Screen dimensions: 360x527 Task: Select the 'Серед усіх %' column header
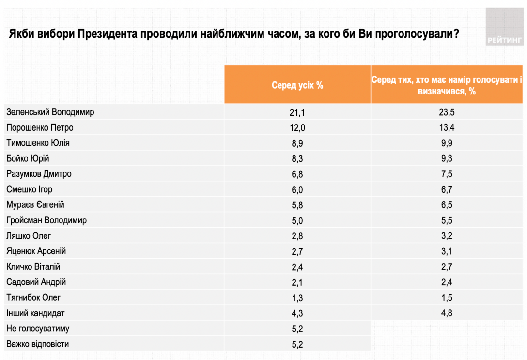[297, 85]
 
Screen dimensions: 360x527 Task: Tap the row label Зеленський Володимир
[50, 112]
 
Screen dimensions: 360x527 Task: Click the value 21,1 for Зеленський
[297, 112]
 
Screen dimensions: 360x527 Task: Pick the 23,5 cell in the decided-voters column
[447, 112]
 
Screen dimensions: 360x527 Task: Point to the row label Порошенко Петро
[40, 127]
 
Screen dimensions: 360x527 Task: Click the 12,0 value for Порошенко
[297, 128]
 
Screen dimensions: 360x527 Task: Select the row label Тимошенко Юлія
[38, 143]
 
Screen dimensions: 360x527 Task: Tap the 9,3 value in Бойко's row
[447, 158]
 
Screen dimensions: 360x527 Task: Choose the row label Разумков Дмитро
[39, 174]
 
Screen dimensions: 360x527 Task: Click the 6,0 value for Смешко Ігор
[297, 189]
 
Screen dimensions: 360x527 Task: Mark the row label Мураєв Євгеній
[35, 205]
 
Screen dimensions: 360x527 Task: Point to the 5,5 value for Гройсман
[447, 220]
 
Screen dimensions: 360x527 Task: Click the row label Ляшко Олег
[29, 236]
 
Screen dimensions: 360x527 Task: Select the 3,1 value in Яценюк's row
[447, 251]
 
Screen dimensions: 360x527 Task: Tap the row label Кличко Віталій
[33, 267]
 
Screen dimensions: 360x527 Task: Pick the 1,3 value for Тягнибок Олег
[297, 298]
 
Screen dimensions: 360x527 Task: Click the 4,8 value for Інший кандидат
[447, 313]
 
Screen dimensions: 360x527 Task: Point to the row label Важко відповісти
[38, 344]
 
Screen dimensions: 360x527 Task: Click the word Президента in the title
[107, 34]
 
